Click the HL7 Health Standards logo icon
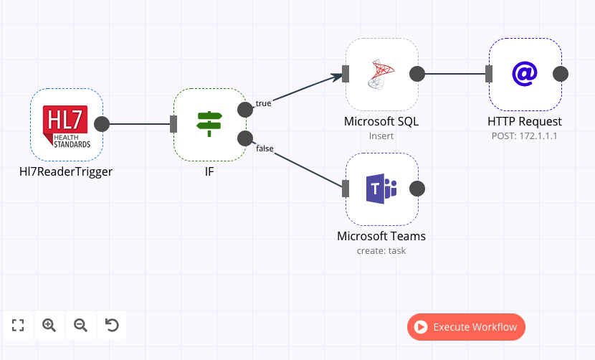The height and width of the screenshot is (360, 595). [x=66, y=125]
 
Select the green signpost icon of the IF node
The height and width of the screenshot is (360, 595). [x=209, y=124]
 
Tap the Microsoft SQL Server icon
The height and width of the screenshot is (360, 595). [x=381, y=74]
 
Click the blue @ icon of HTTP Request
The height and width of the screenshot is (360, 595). [x=525, y=74]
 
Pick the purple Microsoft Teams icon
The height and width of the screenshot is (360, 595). [x=381, y=189]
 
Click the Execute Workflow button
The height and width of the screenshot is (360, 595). [x=466, y=327]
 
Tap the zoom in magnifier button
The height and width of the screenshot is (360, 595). [x=49, y=325]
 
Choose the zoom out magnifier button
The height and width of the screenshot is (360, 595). [x=80, y=325]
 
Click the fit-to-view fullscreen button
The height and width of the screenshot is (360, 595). [x=18, y=325]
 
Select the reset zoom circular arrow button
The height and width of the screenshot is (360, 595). [x=112, y=325]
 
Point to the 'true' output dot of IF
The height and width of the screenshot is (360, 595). [x=245, y=109]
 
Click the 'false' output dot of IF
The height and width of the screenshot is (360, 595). [x=245, y=138]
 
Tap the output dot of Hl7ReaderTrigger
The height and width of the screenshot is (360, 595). [x=102, y=124]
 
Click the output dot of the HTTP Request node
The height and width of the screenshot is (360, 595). [x=561, y=74]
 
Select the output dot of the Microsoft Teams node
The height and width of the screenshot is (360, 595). [x=416, y=189]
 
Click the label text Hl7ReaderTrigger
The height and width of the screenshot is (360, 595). [x=66, y=172]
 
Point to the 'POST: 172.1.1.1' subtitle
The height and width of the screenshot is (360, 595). [x=525, y=136]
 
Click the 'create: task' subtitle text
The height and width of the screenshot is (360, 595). [x=381, y=250]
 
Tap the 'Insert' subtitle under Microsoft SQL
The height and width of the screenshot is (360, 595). [x=381, y=136]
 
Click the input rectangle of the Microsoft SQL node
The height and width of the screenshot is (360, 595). [x=346, y=74]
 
